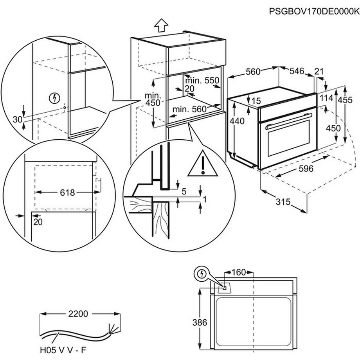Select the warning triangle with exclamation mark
(x=202, y=164)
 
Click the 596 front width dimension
(x=306, y=169)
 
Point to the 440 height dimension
(x=237, y=121)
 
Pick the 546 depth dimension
(x=297, y=71)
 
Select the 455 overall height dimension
(x=345, y=99)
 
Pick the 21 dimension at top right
(x=319, y=71)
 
